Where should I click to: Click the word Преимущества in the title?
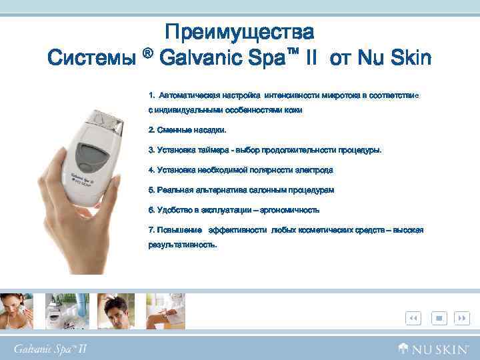pos(239,31)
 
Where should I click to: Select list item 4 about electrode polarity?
pos(241,170)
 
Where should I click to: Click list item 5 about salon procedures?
pos(241,190)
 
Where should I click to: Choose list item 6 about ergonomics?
pos(234,210)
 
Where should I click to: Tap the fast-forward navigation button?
pos(461,318)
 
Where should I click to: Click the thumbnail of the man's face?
pos(116,311)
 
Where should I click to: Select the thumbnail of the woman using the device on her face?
pos(18,311)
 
